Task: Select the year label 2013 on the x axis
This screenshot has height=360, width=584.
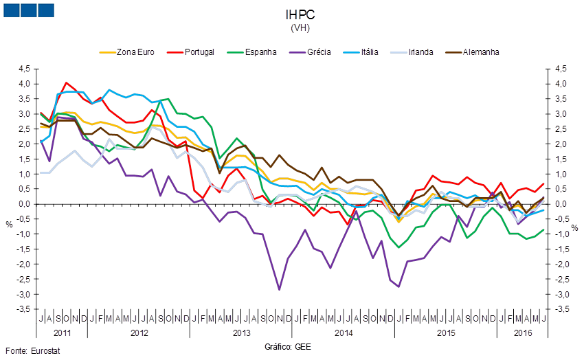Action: (241, 333)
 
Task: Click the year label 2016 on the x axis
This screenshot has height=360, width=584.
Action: (523, 333)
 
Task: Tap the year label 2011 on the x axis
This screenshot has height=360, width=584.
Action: (63, 333)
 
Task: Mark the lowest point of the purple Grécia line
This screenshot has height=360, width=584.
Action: (280, 289)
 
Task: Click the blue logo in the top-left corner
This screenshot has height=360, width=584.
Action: (28, 10)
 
